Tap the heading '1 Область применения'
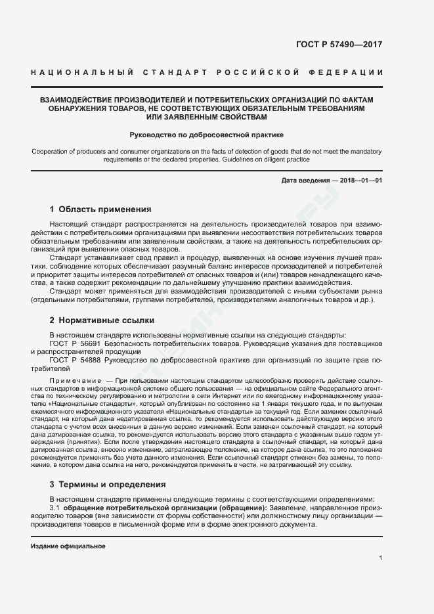[x=100, y=209]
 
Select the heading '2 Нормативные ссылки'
[x=102, y=320]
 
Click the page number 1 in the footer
[x=381, y=558]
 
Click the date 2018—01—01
[x=361, y=180]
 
